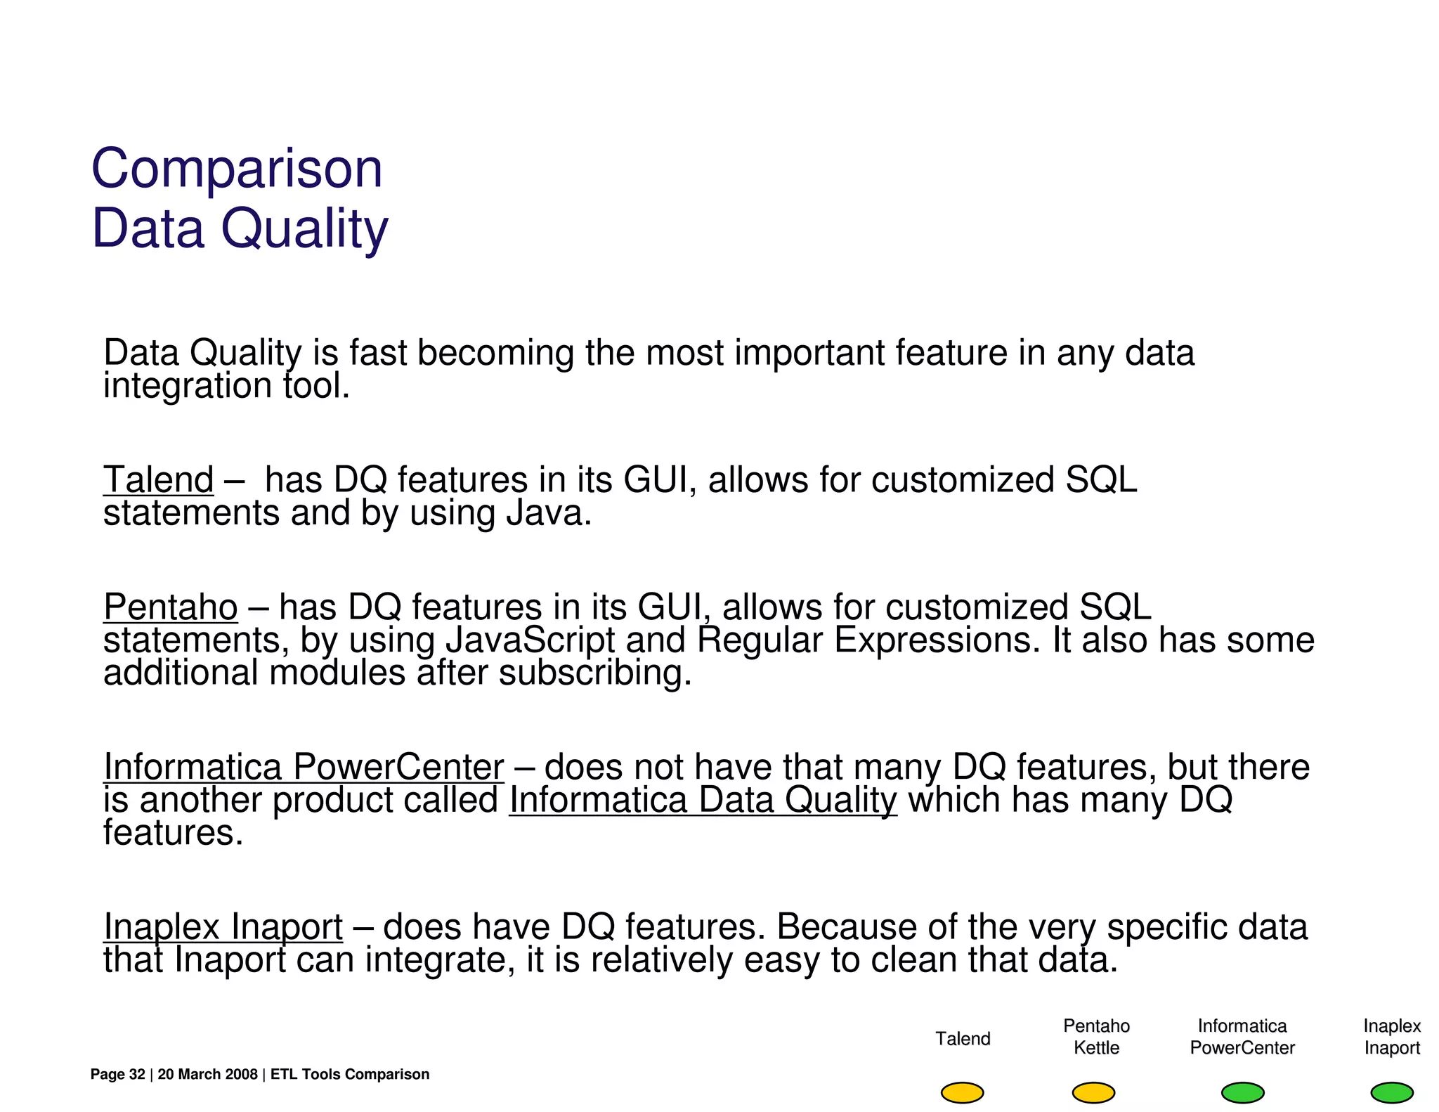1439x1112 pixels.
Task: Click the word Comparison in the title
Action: tap(237, 169)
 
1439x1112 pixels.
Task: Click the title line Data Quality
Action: tap(240, 228)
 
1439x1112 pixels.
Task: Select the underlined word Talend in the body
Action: tap(159, 480)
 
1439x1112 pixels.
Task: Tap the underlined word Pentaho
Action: tap(171, 607)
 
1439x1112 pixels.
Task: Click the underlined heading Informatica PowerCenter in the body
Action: tap(304, 767)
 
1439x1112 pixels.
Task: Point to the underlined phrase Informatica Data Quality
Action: tap(703, 800)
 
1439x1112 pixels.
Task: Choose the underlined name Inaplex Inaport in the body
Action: tap(223, 927)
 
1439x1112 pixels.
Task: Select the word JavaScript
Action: tap(530, 640)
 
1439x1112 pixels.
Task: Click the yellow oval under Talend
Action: tap(962, 1092)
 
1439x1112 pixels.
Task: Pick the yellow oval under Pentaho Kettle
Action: tap(1093, 1092)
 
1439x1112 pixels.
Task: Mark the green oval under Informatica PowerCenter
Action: tap(1242, 1092)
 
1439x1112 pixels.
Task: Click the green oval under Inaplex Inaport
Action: tap(1391, 1092)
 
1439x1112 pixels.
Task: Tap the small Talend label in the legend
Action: tap(963, 1039)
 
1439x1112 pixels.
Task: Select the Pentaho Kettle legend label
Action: tap(1096, 1037)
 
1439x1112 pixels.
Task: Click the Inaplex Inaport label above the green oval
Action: tap(1391, 1037)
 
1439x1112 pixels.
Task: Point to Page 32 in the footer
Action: tap(117, 1074)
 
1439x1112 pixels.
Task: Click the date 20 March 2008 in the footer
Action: tap(207, 1074)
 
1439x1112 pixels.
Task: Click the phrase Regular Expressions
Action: tap(868, 640)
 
